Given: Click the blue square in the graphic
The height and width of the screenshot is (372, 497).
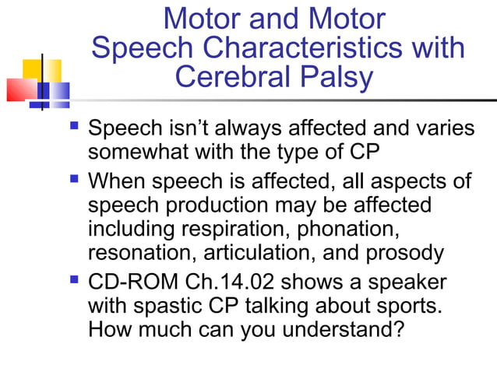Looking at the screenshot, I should [54, 94].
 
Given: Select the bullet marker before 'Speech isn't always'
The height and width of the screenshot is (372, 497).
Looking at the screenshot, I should [74, 124].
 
